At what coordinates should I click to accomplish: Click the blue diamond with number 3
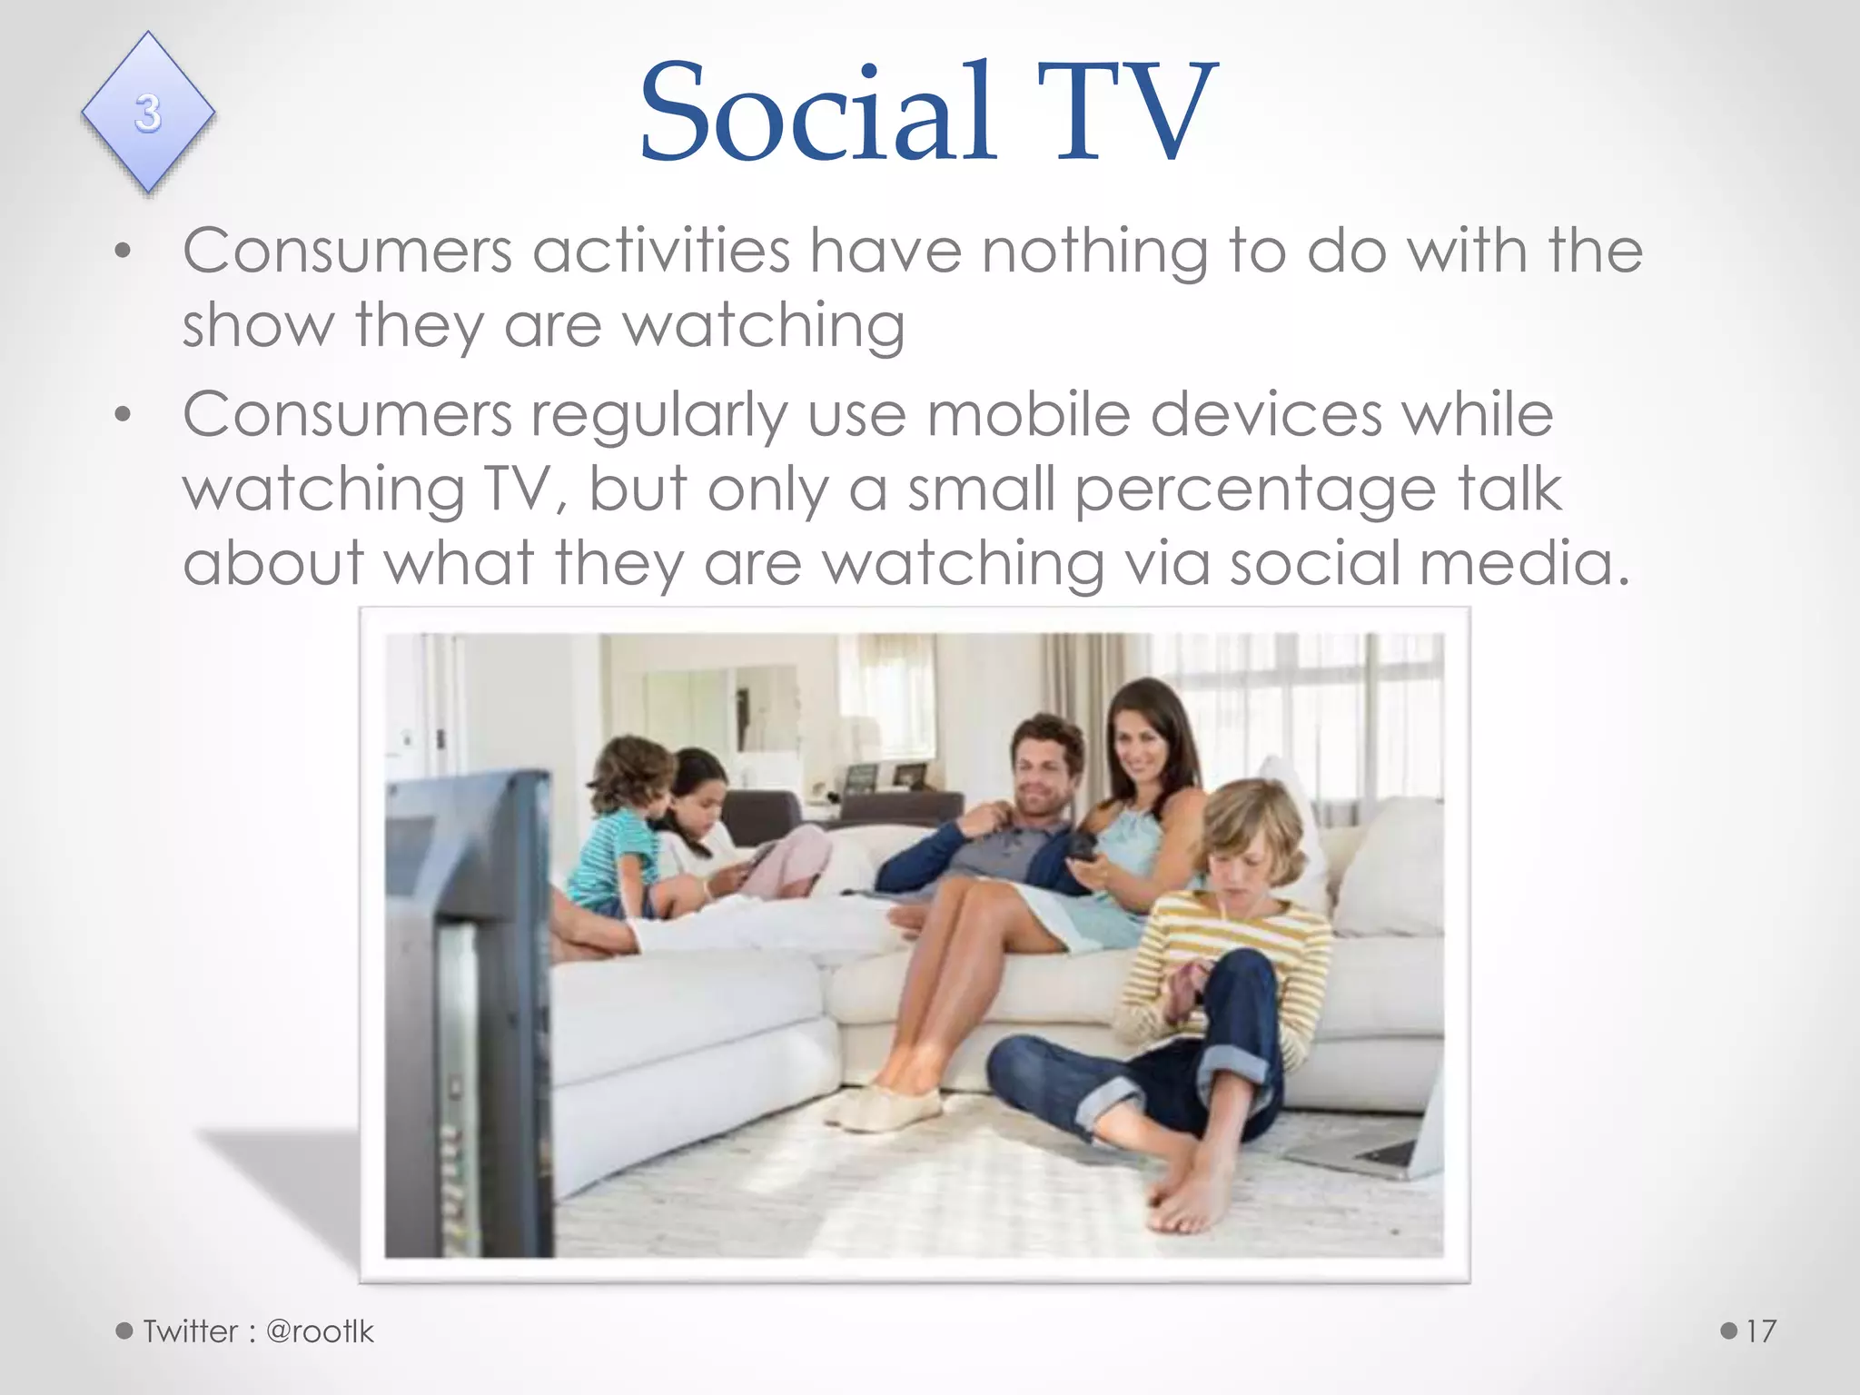tap(148, 113)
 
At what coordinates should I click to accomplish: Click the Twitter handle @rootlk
tap(320, 1331)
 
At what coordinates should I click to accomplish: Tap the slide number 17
tap(1760, 1331)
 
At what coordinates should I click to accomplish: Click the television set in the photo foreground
tap(468, 1008)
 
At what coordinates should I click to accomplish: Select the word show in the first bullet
tap(258, 325)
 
